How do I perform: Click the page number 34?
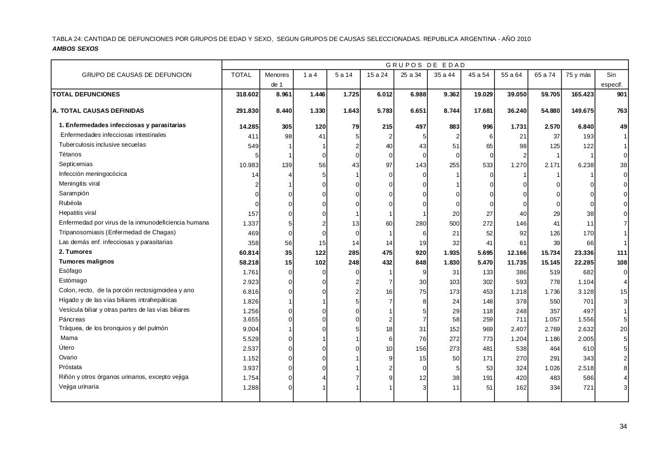click(623, 427)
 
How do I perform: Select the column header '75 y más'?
click(578, 75)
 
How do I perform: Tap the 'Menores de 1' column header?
click(277, 79)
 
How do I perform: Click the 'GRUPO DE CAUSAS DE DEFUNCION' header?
click(137, 75)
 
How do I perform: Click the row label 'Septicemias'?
click(76, 164)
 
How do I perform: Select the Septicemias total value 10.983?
click(248, 165)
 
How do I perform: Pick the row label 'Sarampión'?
click(74, 193)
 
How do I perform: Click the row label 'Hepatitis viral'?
click(77, 213)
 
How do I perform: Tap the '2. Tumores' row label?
click(75, 252)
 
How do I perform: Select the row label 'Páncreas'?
click(72, 319)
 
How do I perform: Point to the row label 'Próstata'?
click(70, 367)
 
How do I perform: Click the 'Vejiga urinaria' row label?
click(79, 387)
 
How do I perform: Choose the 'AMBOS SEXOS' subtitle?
click(75, 49)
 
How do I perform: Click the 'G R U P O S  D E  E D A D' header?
click(425, 65)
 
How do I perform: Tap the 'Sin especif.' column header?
click(611, 79)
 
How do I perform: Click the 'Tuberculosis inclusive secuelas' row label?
click(102, 145)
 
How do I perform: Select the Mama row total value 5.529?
click(250, 339)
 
